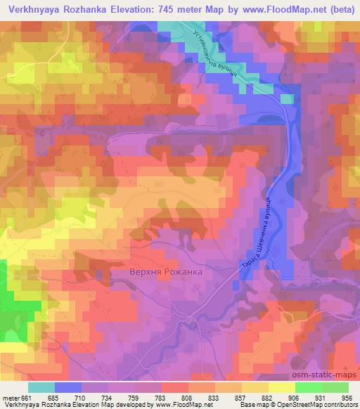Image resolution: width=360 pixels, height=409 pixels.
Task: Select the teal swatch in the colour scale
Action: [x=41, y=388]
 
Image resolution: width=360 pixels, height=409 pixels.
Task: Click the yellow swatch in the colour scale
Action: [x=281, y=388]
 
